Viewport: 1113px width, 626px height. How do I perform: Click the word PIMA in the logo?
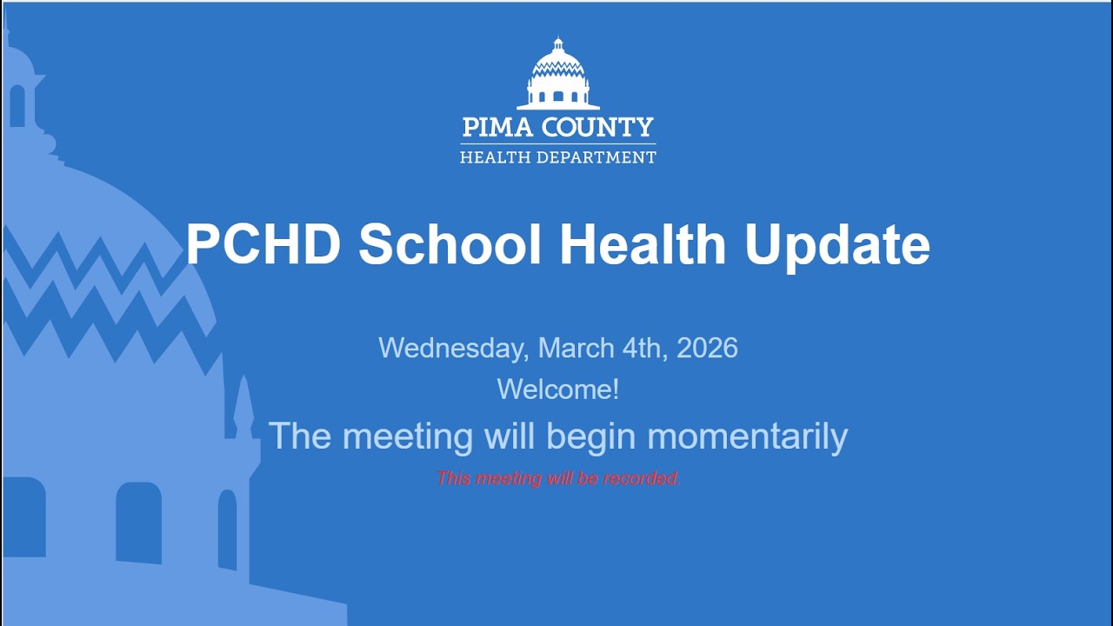pyautogui.click(x=497, y=128)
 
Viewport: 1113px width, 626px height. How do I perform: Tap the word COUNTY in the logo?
pyautogui.click(x=597, y=128)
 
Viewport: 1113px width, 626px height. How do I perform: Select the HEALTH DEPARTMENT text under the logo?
pyautogui.click(x=557, y=157)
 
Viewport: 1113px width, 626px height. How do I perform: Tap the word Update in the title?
pyautogui.click(x=837, y=245)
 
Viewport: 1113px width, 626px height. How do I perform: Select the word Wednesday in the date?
pyautogui.click(x=452, y=349)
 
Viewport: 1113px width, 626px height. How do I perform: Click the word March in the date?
pyautogui.click(x=576, y=348)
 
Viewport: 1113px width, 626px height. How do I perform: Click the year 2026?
pyautogui.click(x=707, y=348)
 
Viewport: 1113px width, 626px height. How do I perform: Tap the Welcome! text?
pyautogui.click(x=557, y=389)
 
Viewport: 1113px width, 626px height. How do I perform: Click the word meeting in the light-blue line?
pyautogui.click(x=411, y=436)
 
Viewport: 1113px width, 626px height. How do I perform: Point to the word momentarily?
pyautogui.click(x=747, y=436)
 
